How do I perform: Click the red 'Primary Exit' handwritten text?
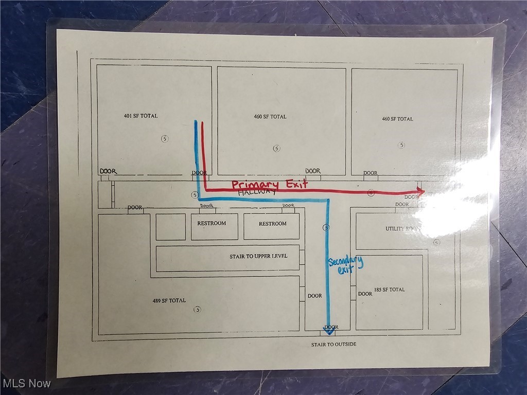tap(269, 184)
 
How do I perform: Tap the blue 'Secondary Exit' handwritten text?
tap(345, 265)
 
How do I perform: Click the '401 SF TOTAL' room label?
tap(140, 116)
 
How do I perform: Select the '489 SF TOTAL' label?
tap(169, 300)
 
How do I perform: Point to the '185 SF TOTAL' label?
tap(390, 290)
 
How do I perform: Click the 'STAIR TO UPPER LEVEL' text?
tap(258, 256)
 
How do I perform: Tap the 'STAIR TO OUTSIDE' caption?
tap(333, 345)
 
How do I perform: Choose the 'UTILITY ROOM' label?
tap(404, 228)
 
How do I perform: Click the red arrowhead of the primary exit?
tap(421, 192)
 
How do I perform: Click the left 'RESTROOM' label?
tap(212, 223)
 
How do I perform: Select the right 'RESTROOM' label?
tap(272, 224)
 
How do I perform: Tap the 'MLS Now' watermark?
tap(27, 383)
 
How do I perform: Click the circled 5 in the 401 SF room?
tap(165, 138)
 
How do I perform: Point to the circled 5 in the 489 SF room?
tap(197, 309)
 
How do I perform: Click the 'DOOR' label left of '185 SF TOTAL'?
tap(365, 294)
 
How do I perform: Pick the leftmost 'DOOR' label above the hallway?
tap(108, 171)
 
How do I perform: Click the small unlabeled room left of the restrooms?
tap(170, 227)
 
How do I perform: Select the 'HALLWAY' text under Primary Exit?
tap(257, 192)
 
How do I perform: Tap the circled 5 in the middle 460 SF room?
tap(276, 148)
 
